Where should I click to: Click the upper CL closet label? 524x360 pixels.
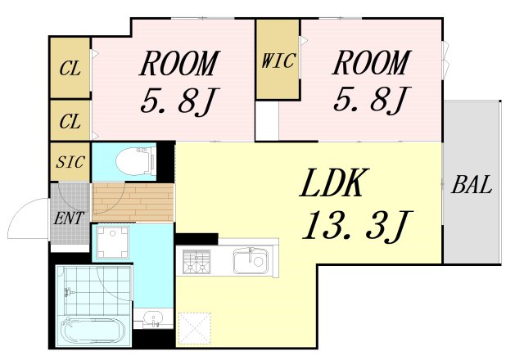pyautogui.click(x=70, y=68)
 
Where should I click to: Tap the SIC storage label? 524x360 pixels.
pyautogui.click(x=70, y=162)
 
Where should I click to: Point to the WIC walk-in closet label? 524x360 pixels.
pyautogui.click(x=278, y=61)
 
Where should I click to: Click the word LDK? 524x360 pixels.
pyautogui.click(x=332, y=186)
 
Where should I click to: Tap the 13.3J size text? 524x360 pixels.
pyautogui.click(x=356, y=226)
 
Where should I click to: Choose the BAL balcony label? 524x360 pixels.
pyautogui.click(x=472, y=185)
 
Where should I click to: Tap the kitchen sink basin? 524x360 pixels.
pyautogui.click(x=249, y=262)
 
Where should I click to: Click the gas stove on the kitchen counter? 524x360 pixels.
pyautogui.click(x=197, y=262)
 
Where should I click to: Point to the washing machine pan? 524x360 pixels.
pyautogui.click(x=111, y=242)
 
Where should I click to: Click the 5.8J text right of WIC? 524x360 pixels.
pyautogui.click(x=370, y=100)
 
